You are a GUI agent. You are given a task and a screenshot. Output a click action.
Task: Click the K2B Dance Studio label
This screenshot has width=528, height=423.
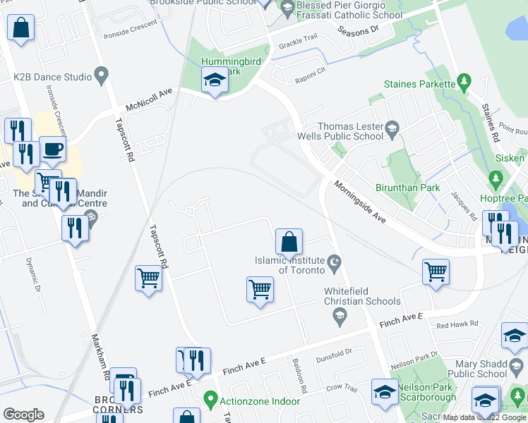[52, 77]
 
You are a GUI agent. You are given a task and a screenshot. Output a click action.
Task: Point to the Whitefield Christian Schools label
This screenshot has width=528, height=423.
[362, 296]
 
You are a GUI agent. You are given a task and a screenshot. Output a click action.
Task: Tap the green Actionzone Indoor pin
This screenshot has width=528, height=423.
[210, 400]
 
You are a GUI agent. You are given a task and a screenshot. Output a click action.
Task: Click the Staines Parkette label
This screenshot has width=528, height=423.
[419, 84]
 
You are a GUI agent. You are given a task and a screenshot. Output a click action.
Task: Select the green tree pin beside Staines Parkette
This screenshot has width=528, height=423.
[464, 83]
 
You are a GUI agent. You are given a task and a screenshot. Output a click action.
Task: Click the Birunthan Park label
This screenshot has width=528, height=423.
[408, 188]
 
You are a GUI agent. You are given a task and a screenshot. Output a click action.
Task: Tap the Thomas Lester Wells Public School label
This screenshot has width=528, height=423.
[350, 131]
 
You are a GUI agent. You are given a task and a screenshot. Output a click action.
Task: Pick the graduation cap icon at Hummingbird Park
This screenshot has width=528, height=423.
[214, 81]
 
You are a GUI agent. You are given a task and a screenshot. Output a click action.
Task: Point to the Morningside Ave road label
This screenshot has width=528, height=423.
[360, 204]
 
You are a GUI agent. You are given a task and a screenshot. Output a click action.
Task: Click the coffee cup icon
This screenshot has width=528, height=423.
[52, 150]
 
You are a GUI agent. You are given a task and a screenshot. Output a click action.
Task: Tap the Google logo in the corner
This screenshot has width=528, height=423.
[23, 415]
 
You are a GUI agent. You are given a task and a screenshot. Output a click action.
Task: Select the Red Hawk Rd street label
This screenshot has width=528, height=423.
[457, 324]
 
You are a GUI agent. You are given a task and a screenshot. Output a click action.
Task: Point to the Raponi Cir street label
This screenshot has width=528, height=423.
[311, 71]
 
